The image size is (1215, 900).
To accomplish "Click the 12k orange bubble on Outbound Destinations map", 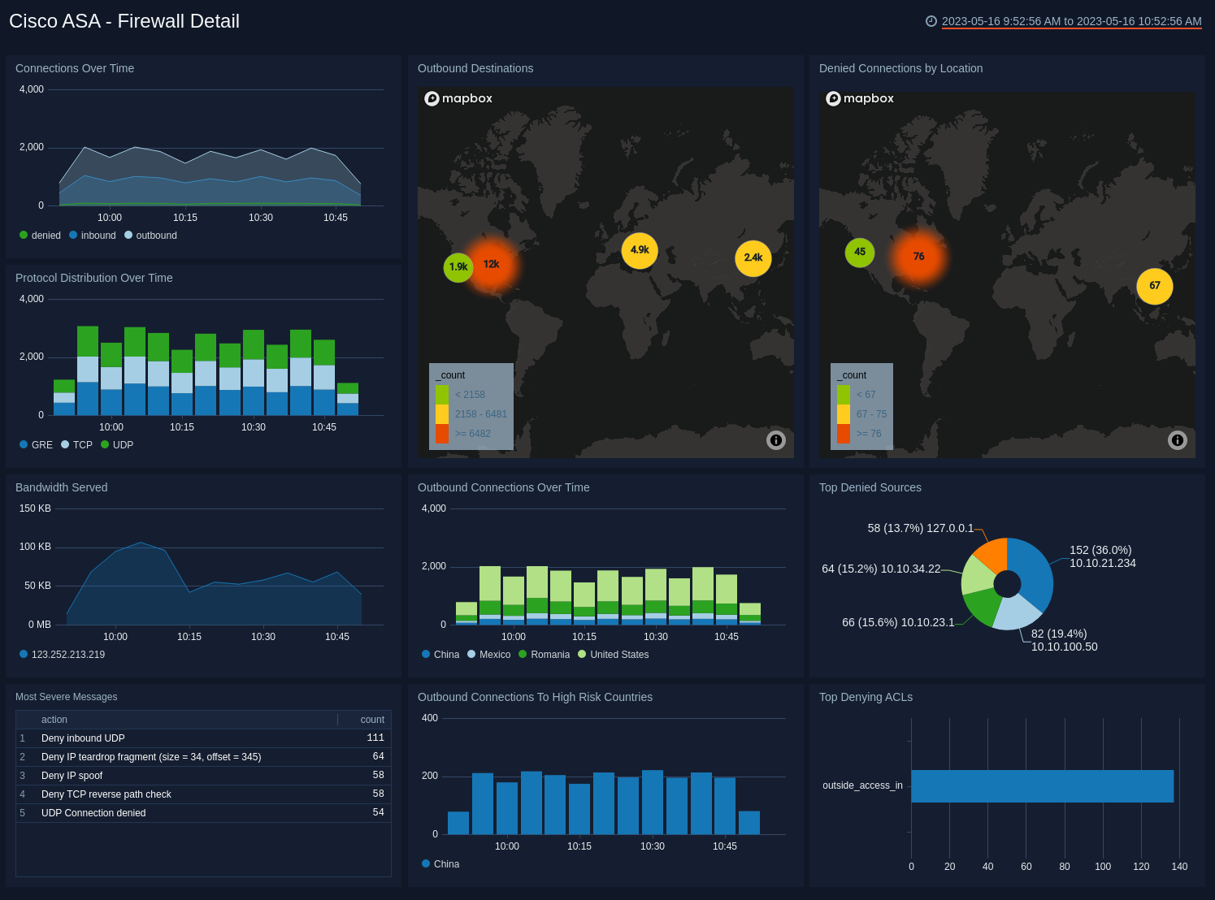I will pos(491,264).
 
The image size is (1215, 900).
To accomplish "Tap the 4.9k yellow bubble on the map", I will pos(640,250).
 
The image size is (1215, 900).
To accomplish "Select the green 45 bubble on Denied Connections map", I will pos(860,252).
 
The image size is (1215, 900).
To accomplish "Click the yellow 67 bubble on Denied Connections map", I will pos(1154,286).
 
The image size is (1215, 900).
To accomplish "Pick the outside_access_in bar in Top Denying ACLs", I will pos(1042,786).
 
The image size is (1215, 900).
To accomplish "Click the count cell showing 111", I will pos(375,738).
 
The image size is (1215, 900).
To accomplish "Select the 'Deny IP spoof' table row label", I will pos(72,776).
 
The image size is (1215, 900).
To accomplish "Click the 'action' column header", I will pos(54,720).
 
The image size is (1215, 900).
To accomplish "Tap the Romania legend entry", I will pos(549,655).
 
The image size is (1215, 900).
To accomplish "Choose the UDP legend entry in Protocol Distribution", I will pos(122,445).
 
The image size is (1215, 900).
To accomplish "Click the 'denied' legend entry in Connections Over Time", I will pos(46,236).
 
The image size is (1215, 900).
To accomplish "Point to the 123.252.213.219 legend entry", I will pos(67,655).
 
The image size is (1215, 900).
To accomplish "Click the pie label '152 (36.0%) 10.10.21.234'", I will pos(1102,556).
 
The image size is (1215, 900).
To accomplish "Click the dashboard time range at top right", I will pos(1070,22).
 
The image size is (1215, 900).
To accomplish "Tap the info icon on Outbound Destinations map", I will pos(776,440).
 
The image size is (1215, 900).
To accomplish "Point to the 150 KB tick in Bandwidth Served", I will pos(35,508).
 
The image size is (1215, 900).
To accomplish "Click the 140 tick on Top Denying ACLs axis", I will pos(1179,867).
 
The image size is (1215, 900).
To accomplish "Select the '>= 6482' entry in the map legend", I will pos(472,434).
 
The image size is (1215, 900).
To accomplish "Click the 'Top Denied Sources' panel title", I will pos(870,487).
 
